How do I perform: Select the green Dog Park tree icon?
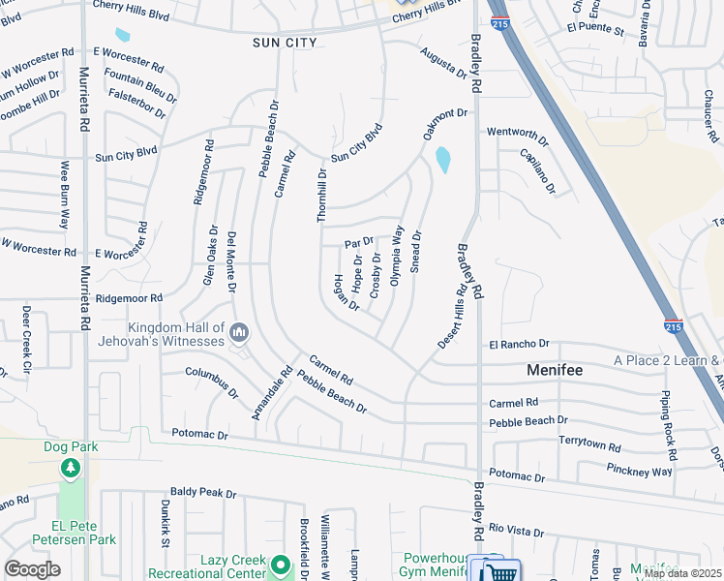click(x=70, y=470)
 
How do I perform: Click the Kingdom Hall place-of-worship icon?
click(x=240, y=335)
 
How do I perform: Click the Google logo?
click(x=32, y=569)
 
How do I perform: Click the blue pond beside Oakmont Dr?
click(x=443, y=160)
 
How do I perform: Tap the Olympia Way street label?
click(x=395, y=255)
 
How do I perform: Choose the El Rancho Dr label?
click(x=519, y=344)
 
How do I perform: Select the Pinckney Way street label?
click(x=640, y=472)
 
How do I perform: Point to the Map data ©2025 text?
click(x=681, y=573)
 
